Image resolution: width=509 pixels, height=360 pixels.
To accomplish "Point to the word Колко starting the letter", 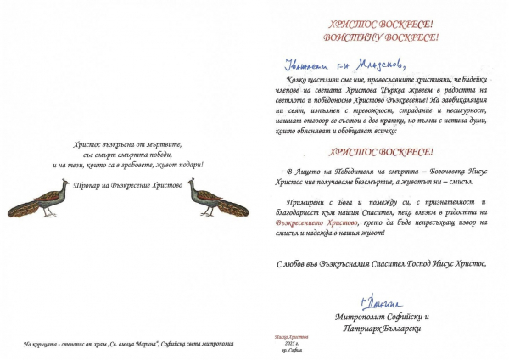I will (x=287, y=79).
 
